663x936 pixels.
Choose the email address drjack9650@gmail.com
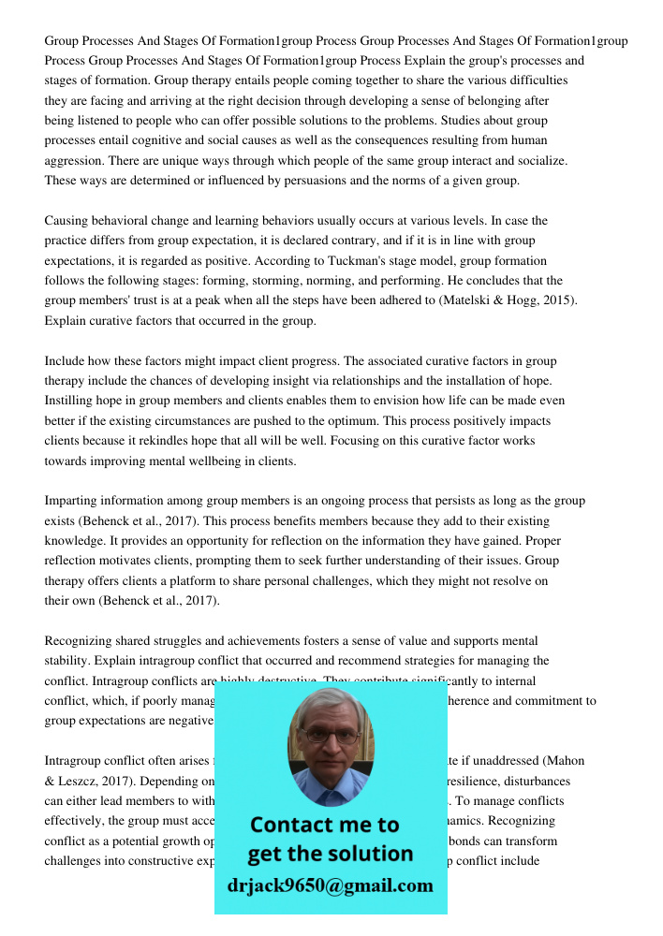click(330, 885)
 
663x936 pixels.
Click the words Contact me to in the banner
click(324, 825)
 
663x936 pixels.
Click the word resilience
click(488, 781)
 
